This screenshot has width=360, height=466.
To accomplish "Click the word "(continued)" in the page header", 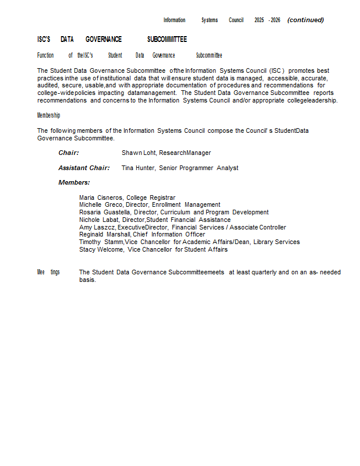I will (x=305, y=20).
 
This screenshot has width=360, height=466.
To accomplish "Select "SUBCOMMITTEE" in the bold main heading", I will (x=167, y=40).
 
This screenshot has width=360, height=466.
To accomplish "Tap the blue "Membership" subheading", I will (x=48, y=115).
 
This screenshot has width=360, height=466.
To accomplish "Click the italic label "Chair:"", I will (x=69, y=153).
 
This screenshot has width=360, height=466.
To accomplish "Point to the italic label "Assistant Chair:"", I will (x=84, y=168).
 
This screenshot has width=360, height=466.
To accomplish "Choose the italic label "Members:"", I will (x=74, y=183).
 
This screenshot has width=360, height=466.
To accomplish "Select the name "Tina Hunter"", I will (x=138, y=168).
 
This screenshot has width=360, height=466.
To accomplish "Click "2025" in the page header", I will (x=259, y=20).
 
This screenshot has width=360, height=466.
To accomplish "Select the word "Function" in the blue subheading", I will (x=45, y=55).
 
